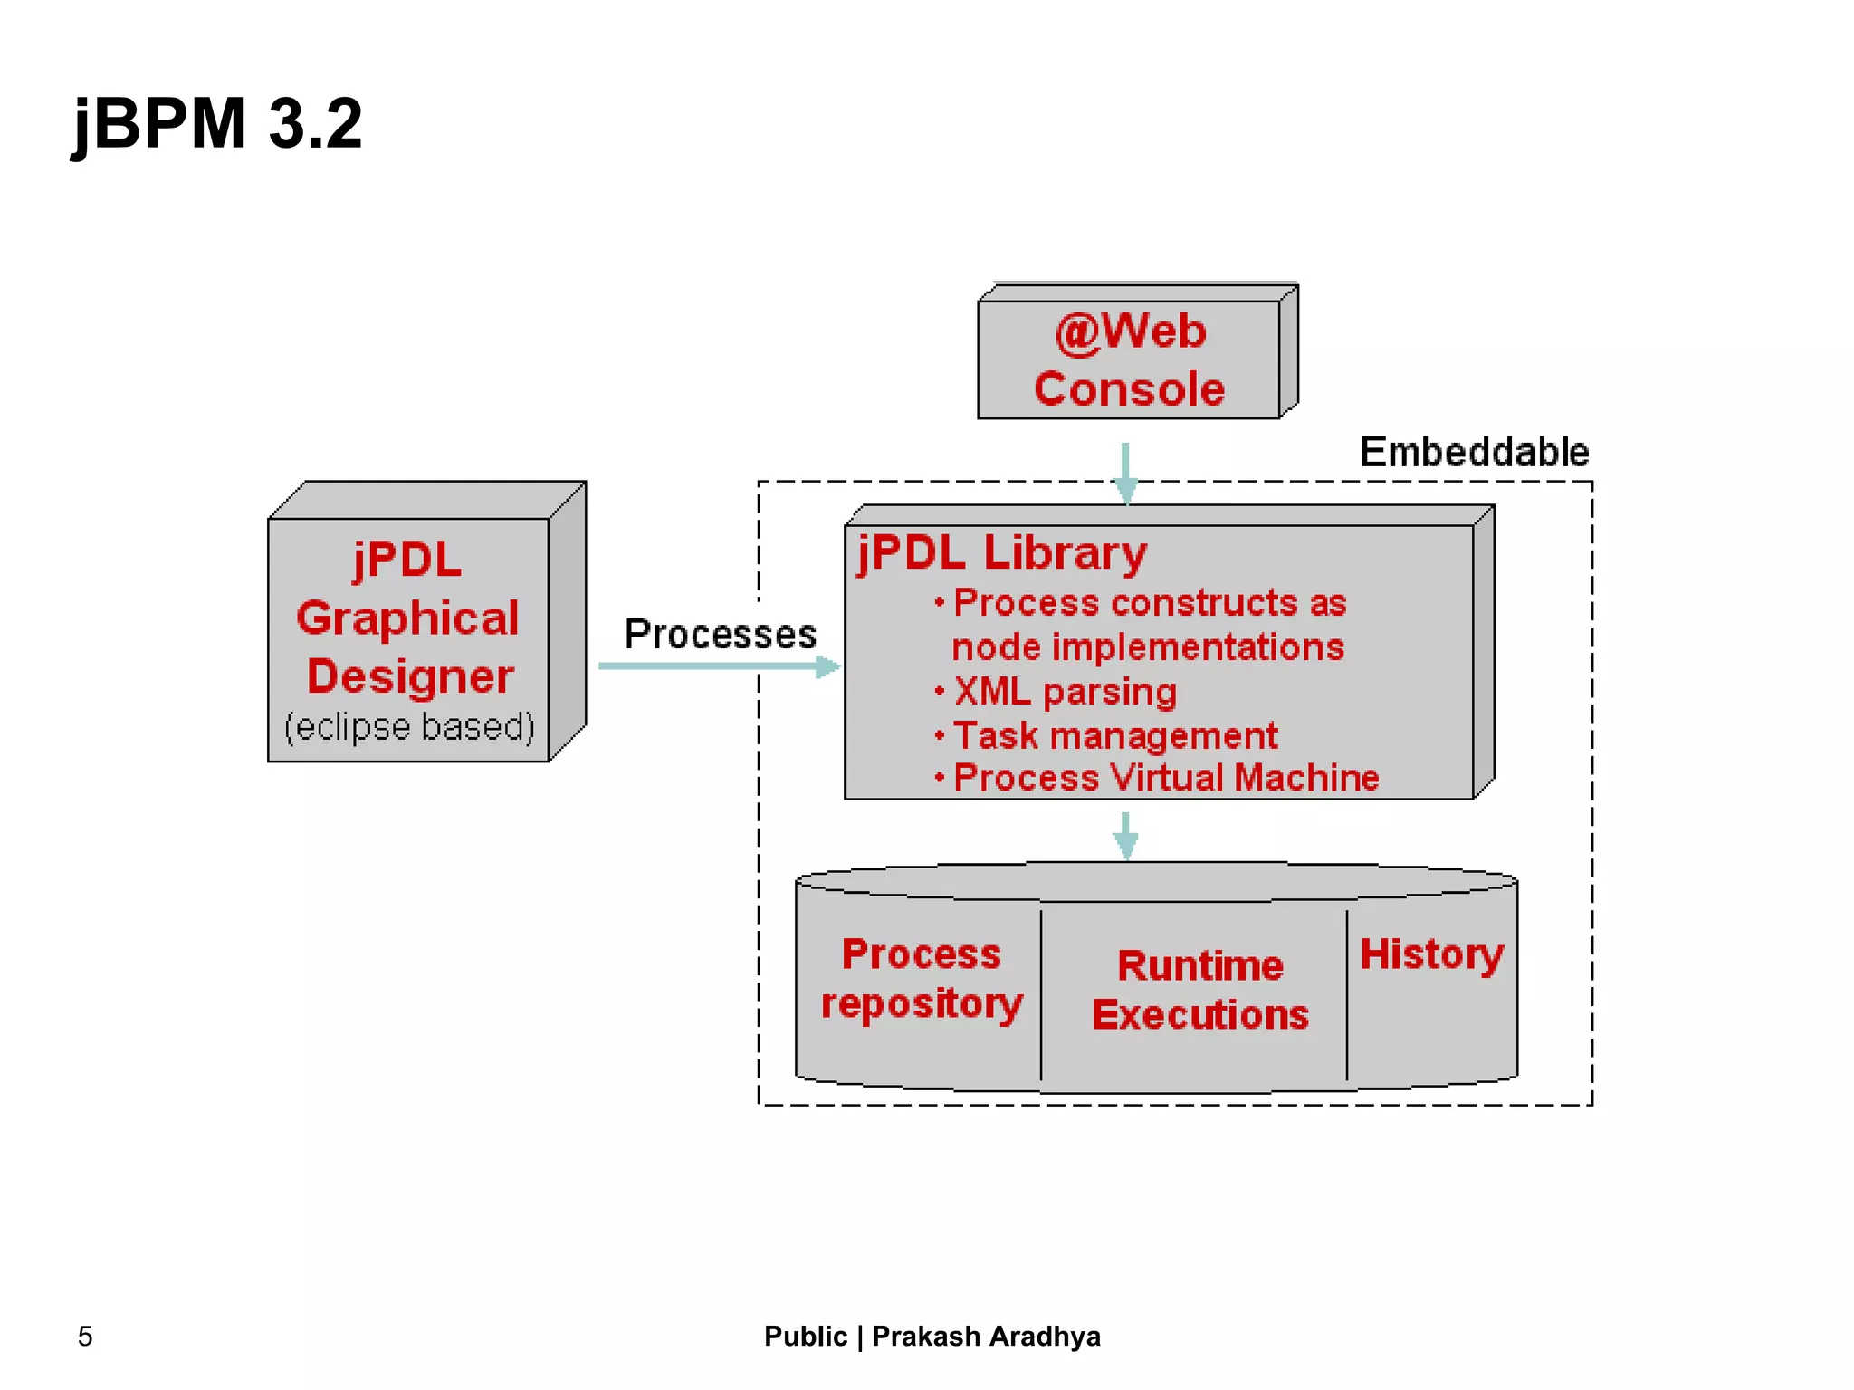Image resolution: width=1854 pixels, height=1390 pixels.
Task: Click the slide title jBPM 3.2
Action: point(217,123)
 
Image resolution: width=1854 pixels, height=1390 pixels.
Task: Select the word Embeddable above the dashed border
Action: point(1474,452)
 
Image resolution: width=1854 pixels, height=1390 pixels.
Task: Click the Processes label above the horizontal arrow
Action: point(720,634)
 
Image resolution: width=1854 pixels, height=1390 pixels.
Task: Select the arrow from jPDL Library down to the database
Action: point(1125,834)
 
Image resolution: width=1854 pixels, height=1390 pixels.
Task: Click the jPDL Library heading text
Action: point(1001,552)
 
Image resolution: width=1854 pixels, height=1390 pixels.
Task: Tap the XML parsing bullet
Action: point(1065,692)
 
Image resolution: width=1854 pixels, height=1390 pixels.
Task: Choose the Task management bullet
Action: point(1114,735)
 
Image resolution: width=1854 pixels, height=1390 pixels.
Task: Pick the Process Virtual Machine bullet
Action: point(1165,778)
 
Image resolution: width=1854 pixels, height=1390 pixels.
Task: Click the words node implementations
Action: point(1147,647)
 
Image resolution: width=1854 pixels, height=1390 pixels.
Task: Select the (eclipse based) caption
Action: point(409,727)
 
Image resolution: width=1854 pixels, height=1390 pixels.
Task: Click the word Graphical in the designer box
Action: point(407,618)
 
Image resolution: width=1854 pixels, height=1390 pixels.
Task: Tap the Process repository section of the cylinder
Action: point(921,979)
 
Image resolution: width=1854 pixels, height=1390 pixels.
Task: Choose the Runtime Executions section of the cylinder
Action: point(1199,990)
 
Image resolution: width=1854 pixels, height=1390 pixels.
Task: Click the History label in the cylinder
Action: point(1431,954)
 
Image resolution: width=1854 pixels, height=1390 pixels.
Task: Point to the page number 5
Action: point(85,1336)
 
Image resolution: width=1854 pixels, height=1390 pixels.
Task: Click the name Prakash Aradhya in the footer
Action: point(986,1336)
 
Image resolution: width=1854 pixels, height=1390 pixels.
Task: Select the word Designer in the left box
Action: point(409,676)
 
